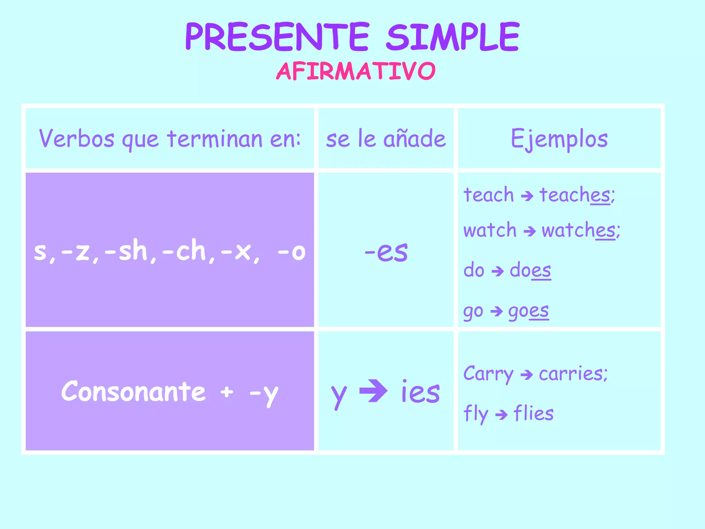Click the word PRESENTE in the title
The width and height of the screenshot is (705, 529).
(277, 37)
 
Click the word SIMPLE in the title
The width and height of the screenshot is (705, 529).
(453, 37)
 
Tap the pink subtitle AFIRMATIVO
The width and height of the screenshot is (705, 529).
(356, 71)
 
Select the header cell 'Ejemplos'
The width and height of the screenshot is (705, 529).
(559, 139)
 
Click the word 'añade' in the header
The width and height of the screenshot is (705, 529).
(414, 139)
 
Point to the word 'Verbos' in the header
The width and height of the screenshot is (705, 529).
(76, 139)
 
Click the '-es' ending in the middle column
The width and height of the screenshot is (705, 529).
(386, 251)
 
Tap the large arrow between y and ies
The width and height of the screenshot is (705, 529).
(373, 391)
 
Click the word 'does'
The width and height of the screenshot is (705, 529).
(530, 270)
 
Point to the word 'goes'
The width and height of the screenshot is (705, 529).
(528, 311)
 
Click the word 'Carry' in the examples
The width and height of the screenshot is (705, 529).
(488, 374)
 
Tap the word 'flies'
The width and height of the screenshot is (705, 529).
(533, 413)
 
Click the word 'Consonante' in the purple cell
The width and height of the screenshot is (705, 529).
(134, 392)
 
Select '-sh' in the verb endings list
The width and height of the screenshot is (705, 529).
(126, 251)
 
